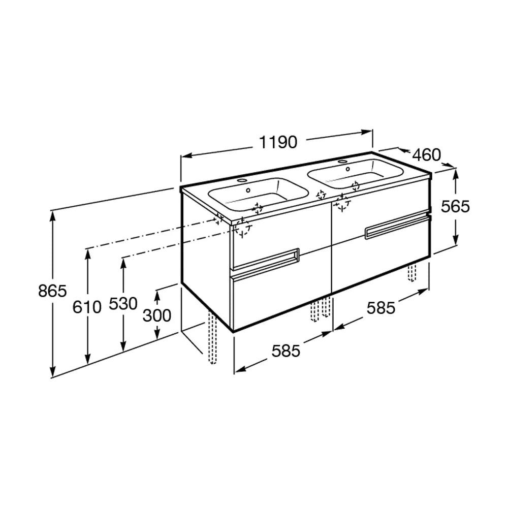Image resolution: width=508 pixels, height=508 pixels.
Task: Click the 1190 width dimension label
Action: coord(278,142)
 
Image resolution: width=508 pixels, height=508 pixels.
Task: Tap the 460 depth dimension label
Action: coord(426,155)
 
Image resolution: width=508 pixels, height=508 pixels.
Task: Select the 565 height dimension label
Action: coord(455,206)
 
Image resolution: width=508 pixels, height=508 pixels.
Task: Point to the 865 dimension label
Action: coord(52,291)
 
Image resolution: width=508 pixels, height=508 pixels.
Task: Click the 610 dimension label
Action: coord(87,306)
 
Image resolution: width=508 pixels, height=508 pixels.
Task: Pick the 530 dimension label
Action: coord(123,304)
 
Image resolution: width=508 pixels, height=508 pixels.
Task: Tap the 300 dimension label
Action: coord(157,315)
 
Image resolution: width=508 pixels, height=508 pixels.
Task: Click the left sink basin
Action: coord(258,195)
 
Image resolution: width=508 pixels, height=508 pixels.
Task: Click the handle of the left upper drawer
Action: coord(266,259)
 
